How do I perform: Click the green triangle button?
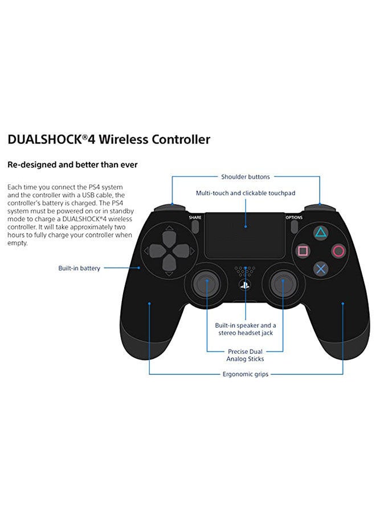pyautogui.click(x=321, y=233)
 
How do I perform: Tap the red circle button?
pyautogui.click(x=339, y=250)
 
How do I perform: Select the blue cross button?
pyautogui.click(x=321, y=268)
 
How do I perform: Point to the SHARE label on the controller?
pyautogui.click(x=195, y=217)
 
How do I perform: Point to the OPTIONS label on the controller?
pyautogui.click(x=294, y=217)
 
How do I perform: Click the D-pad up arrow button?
pyautogui.click(x=168, y=234)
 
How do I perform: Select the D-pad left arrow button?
pyautogui.click(x=152, y=250)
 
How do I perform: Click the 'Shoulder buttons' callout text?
pyautogui.click(x=246, y=177)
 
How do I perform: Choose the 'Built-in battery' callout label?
pyautogui.click(x=79, y=268)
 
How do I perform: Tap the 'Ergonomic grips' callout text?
pyautogui.click(x=246, y=374)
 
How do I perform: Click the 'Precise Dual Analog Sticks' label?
pyautogui.click(x=246, y=355)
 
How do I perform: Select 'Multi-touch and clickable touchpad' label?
pyautogui.click(x=246, y=193)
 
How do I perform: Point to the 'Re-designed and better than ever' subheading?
pyautogui.click(x=72, y=165)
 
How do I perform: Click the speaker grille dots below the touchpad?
pyautogui.click(x=245, y=269)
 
